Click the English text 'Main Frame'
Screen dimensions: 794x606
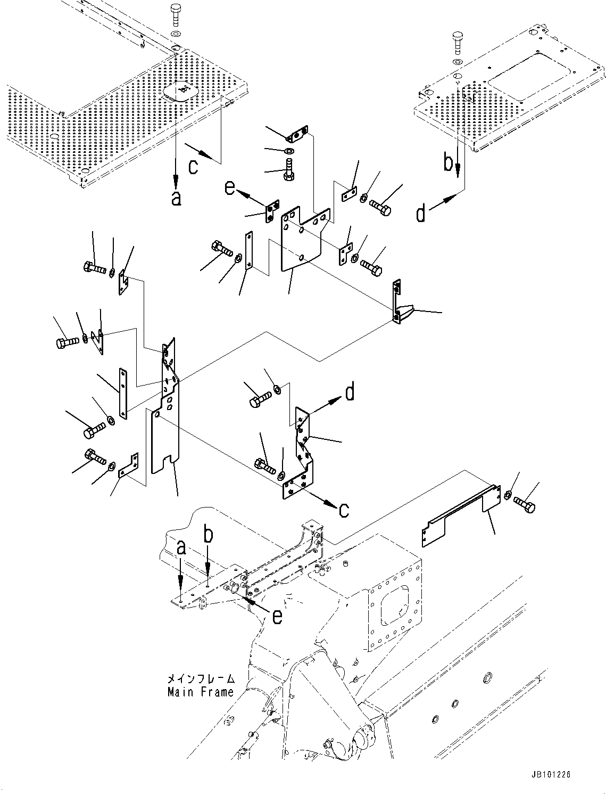pos(200,692)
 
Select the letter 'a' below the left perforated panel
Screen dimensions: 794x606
pos(176,199)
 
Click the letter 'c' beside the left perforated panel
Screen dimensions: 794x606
pos(194,166)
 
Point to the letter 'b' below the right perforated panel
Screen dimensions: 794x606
pos(449,163)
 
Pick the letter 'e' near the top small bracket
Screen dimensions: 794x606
pos(229,187)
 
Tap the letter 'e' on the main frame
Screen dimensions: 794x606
pos(277,616)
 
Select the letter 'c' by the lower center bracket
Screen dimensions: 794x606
pos(344,510)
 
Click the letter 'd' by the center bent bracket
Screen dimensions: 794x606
pos(350,393)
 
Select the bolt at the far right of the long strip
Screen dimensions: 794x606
pos(525,504)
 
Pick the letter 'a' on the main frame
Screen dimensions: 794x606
pos(181,548)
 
